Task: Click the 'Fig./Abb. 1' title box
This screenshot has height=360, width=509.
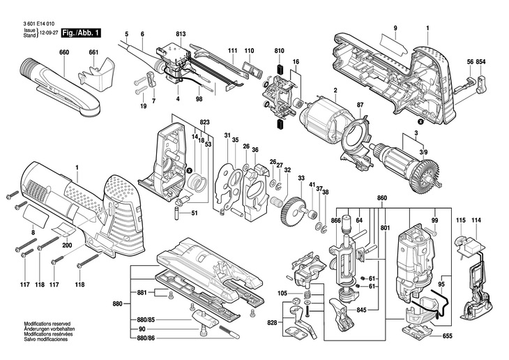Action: point(81,33)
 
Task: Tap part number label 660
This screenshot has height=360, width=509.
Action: point(64,52)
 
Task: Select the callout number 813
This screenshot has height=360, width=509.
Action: point(181,34)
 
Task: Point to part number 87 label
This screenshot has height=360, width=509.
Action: point(360,105)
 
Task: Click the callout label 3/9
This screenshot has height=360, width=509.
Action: point(423,151)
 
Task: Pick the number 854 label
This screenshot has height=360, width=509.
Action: point(480,61)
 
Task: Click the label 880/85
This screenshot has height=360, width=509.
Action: point(146,320)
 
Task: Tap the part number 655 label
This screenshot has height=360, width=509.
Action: point(448,336)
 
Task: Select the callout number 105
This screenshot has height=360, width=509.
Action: point(282,294)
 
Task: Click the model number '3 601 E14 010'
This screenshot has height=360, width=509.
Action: point(38,24)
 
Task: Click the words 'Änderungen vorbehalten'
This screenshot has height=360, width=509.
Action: point(50,329)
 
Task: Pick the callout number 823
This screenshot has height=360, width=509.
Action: point(204,123)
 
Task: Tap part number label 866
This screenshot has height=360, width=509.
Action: point(335,220)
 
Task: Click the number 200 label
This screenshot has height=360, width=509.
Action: point(67,246)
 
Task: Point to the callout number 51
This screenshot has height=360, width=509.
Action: point(194,213)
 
